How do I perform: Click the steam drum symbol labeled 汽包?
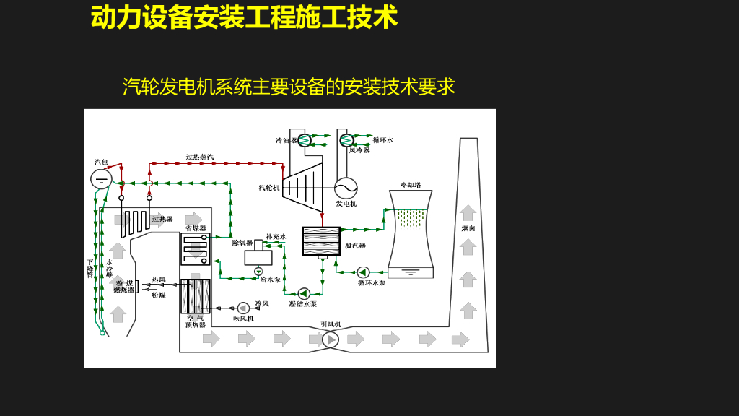pos(101,178)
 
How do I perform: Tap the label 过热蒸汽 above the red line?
pos(200,157)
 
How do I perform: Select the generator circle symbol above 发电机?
pos(346,188)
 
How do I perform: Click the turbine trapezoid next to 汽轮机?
pos(303,187)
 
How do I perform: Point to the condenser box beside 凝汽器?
pos(321,241)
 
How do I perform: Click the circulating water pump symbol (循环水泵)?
pos(363,272)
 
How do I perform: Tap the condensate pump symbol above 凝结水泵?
pos(303,293)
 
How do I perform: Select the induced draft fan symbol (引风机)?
pos(330,339)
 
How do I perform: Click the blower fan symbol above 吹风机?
pos(243,308)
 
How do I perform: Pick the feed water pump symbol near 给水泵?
pos(258,272)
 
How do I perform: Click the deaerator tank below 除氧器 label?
pos(258,256)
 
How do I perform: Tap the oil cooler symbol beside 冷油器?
pos(305,140)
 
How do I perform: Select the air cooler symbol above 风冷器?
pos(346,140)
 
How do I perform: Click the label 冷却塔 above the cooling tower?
pos(411,185)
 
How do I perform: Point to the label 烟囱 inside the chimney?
pos(468,229)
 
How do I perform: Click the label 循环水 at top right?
pos(382,140)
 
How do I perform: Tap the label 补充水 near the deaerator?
pos(276,236)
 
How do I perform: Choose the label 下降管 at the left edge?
pos(89,269)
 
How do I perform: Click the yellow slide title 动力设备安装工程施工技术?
pos(244,18)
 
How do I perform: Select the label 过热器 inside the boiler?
pos(162,219)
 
